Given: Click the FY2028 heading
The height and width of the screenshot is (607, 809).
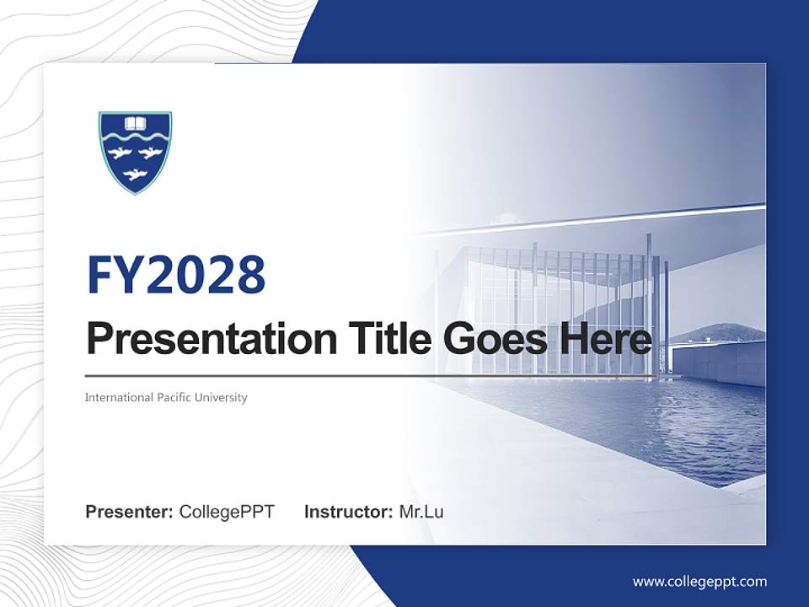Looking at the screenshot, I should (x=176, y=275).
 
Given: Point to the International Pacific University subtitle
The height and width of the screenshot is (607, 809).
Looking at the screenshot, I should (x=166, y=397).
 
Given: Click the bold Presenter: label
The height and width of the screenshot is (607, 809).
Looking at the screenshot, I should (x=130, y=512).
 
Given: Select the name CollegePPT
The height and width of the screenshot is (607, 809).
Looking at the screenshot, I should (x=227, y=512).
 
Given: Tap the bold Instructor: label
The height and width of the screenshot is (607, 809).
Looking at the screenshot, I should (x=348, y=512).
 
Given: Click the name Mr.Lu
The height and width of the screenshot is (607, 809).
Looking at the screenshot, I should (x=421, y=512).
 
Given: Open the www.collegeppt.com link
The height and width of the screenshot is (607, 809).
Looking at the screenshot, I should (x=699, y=581).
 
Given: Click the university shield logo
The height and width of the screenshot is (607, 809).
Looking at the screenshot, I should (x=135, y=152).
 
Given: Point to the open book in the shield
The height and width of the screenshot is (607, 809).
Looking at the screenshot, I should (x=135, y=124).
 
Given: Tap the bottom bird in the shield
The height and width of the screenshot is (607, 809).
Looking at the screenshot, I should (x=132, y=175).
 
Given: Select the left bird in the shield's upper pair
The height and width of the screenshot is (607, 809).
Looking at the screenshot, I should (x=119, y=153).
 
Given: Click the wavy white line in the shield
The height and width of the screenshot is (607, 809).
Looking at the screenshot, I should (x=135, y=137).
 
